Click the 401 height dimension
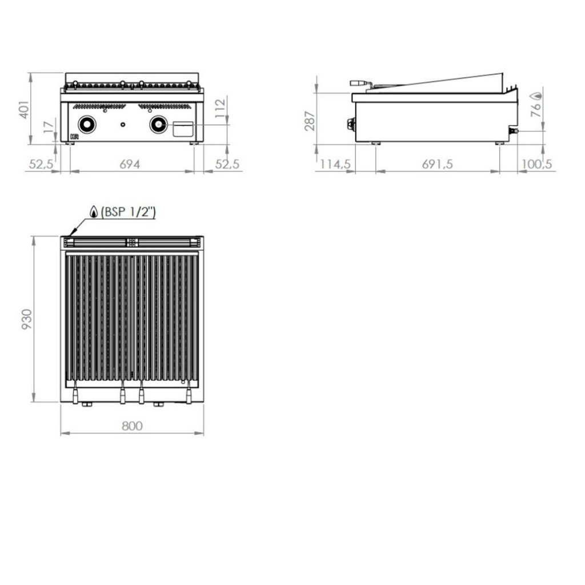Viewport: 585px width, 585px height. click(x=24, y=110)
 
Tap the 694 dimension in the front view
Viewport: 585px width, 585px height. click(x=130, y=164)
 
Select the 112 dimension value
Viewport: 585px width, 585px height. click(x=221, y=107)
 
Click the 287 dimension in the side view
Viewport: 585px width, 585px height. click(x=310, y=121)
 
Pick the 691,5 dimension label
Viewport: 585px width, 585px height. click(x=437, y=164)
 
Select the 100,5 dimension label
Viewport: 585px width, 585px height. click(x=536, y=164)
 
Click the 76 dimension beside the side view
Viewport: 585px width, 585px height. click(x=536, y=109)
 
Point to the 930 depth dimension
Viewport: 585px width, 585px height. click(x=27, y=319)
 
